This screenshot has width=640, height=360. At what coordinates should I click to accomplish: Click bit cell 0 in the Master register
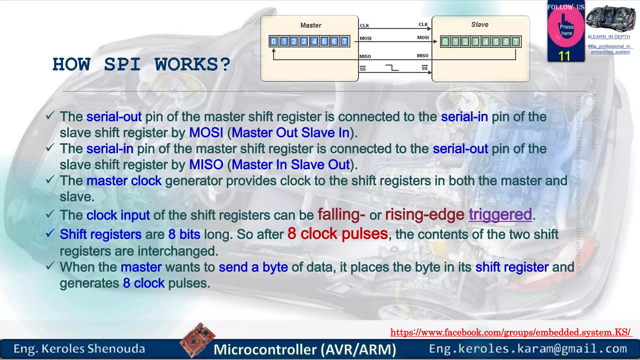(x=274, y=41)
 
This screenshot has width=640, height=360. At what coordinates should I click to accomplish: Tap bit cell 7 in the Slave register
(x=516, y=42)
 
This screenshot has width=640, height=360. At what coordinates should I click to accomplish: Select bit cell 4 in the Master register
(x=314, y=41)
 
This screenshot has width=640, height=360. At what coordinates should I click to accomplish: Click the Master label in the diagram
(x=311, y=25)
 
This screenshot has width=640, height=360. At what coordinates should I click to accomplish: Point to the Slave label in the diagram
(x=480, y=24)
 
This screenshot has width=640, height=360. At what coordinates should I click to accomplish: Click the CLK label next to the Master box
(x=364, y=26)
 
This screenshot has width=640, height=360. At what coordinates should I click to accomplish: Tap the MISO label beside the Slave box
(x=422, y=56)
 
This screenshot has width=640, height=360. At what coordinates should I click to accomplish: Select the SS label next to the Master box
(x=362, y=69)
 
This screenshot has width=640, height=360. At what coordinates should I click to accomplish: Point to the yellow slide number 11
(x=564, y=56)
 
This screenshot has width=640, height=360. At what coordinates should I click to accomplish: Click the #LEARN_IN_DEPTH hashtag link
(x=609, y=37)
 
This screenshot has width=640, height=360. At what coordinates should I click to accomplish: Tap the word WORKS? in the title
(x=192, y=65)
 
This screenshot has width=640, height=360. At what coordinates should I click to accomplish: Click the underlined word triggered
(x=500, y=215)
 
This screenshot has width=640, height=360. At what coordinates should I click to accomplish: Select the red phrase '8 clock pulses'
(x=337, y=234)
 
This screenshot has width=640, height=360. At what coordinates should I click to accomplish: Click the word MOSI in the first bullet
(x=206, y=133)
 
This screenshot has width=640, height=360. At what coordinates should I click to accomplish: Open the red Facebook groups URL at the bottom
(x=511, y=332)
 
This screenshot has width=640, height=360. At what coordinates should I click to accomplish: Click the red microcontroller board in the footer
(x=197, y=340)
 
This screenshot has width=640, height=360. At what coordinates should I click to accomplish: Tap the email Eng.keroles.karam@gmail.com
(x=528, y=349)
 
